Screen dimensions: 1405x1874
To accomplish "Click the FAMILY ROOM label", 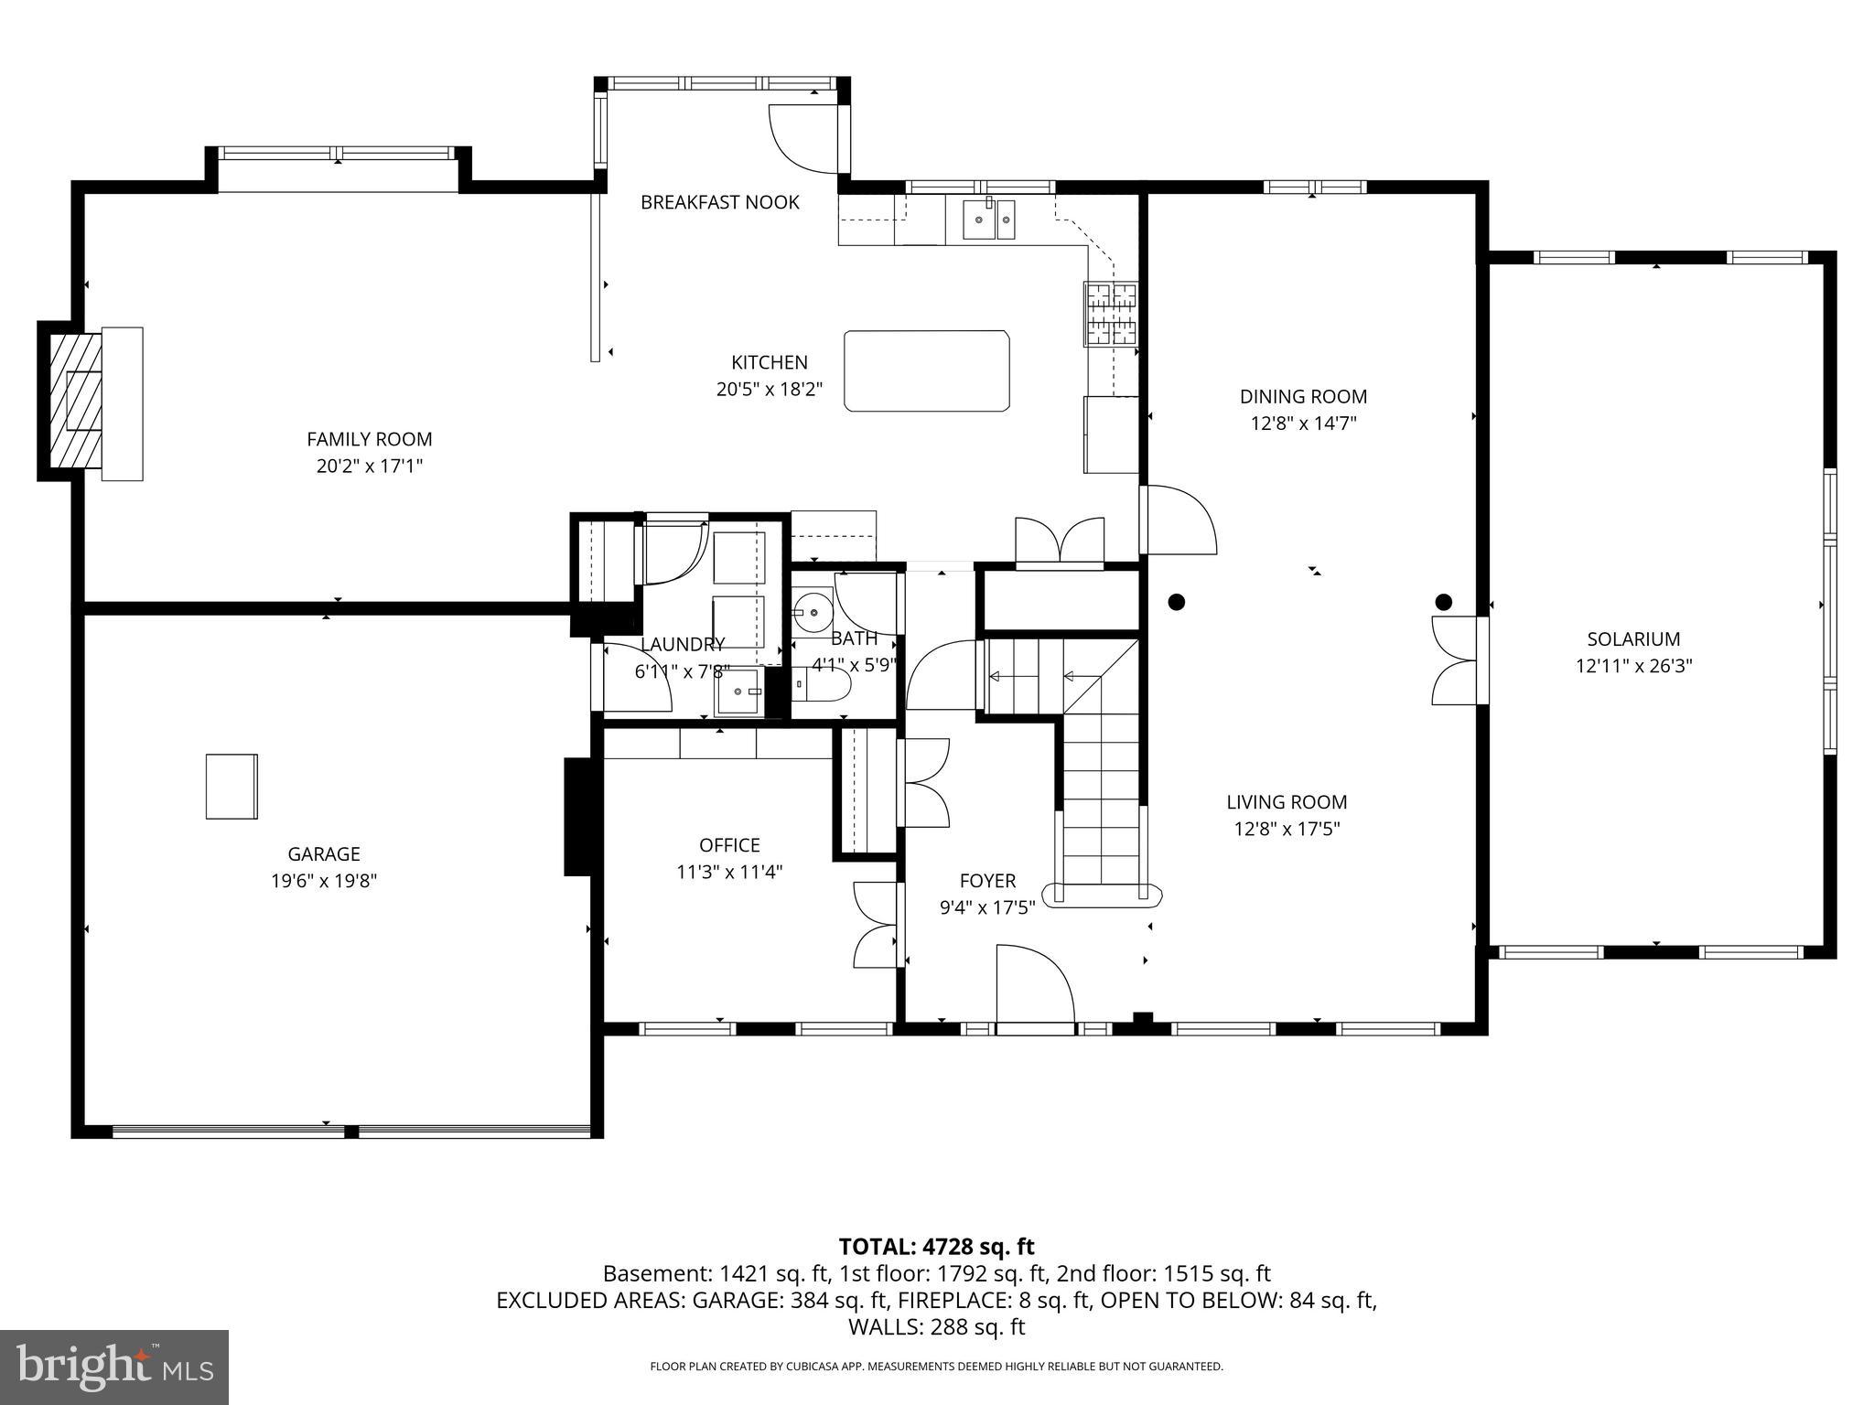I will pyautogui.click(x=369, y=439).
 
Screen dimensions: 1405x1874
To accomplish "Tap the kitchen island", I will pyautogui.click(x=926, y=371).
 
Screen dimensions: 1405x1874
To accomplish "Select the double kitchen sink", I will pyautogui.click(x=988, y=220).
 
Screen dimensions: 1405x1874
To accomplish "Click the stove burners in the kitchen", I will pyautogui.click(x=1111, y=314).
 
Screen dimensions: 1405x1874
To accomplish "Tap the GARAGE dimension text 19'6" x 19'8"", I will pyautogui.click(x=323, y=881).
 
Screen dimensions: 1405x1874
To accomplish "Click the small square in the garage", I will pyautogui.click(x=232, y=786).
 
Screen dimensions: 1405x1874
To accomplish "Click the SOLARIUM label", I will pyautogui.click(x=1633, y=639).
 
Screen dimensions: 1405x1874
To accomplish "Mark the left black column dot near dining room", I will pyautogui.click(x=1177, y=602).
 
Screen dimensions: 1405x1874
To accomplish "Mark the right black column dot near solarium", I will pyautogui.click(x=1443, y=602).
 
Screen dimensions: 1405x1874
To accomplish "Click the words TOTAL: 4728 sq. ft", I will pyautogui.click(x=936, y=1246).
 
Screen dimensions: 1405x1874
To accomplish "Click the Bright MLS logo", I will pyautogui.click(x=114, y=1367).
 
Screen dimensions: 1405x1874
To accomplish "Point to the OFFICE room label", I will pyautogui.click(x=729, y=845).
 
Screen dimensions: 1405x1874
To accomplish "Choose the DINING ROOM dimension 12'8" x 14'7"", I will pyautogui.click(x=1303, y=424).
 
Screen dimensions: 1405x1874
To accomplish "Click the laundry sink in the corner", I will pyautogui.click(x=738, y=692).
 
